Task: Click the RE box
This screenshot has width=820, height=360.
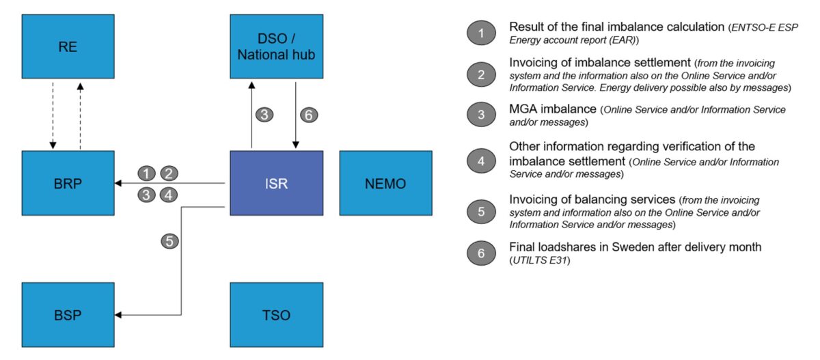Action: click(68, 46)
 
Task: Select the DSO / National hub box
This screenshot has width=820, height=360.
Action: click(276, 46)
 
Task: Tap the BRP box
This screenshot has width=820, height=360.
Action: click(68, 183)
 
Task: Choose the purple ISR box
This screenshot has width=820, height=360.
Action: click(276, 183)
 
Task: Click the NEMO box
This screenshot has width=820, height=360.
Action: click(386, 183)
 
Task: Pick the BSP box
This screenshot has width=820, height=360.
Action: click(68, 315)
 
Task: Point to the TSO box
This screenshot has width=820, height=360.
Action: click(276, 315)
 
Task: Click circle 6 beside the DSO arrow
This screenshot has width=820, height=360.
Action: click(309, 115)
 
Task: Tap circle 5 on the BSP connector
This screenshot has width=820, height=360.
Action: click(170, 241)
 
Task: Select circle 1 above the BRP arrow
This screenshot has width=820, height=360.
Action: click(146, 173)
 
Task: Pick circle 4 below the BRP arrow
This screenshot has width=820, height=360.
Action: click(169, 195)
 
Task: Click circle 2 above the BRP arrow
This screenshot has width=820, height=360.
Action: click(169, 173)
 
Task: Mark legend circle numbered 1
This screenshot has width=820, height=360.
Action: click(481, 33)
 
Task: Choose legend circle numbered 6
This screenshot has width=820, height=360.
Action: click(481, 253)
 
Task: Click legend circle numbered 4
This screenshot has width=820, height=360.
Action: click(481, 161)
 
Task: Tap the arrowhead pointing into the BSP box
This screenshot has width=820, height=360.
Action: click(118, 315)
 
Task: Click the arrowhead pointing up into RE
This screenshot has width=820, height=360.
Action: click(80, 86)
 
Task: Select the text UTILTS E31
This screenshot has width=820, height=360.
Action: click(540, 260)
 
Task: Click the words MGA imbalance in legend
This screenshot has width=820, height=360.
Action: click(553, 109)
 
